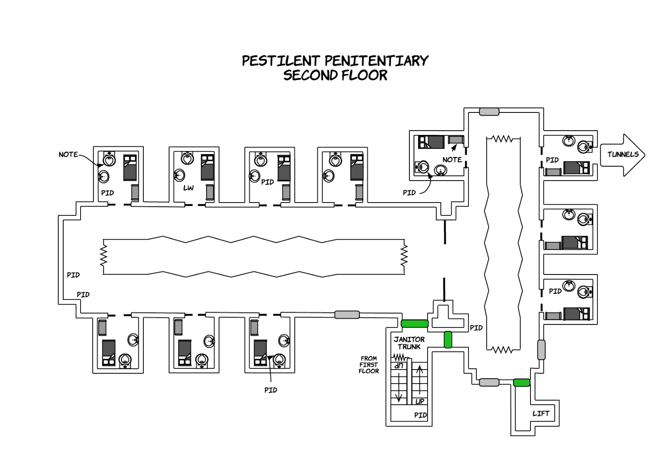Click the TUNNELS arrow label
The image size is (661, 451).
(x=623, y=155)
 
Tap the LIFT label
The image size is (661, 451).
(x=540, y=413)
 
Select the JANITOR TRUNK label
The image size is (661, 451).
(x=409, y=343)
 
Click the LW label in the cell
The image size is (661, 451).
(x=188, y=188)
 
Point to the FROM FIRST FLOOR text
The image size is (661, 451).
(x=369, y=365)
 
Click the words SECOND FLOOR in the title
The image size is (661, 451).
(x=335, y=76)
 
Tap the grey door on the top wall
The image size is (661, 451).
(x=489, y=112)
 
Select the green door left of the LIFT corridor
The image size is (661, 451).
(x=521, y=383)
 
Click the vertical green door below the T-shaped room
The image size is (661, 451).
(x=448, y=340)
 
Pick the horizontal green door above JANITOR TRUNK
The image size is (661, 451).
(x=414, y=324)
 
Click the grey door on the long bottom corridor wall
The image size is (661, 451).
(x=347, y=315)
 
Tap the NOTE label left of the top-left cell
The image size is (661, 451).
(x=68, y=155)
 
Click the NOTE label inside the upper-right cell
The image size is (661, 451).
(x=452, y=160)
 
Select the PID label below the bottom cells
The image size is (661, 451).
(x=271, y=390)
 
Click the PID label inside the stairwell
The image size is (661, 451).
(x=420, y=415)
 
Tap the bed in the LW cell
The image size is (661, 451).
(x=207, y=167)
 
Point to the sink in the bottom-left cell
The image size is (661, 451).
(x=133, y=339)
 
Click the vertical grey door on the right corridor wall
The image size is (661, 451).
(x=541, y=350)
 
